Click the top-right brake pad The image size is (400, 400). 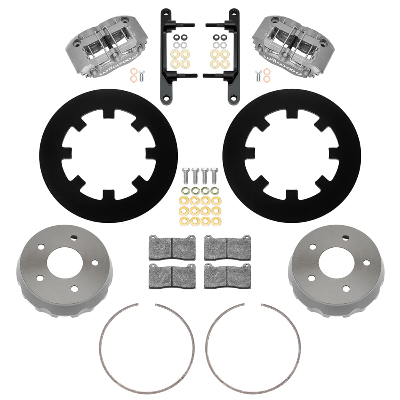pos(228,247)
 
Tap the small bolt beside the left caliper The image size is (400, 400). pos(142,76)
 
